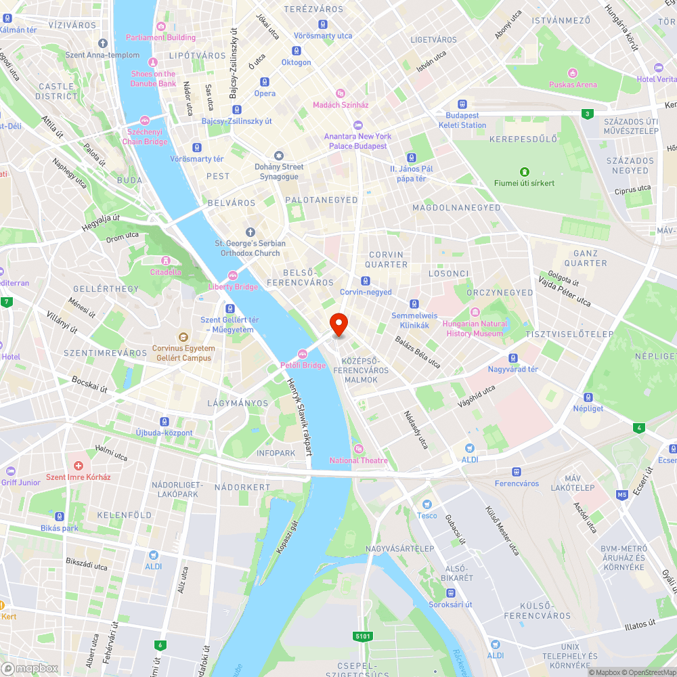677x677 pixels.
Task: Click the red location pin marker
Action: (338, 324)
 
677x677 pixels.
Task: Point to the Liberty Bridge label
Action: (232, 286)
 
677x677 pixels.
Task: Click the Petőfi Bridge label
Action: (303, 365)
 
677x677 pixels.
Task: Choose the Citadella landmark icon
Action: (165, 261)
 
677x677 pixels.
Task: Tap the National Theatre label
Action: (359, 460)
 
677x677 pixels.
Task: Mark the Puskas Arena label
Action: (573, 85)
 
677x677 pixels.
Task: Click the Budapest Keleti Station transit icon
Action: (462, 105)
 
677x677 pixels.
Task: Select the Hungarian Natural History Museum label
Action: (475, 328)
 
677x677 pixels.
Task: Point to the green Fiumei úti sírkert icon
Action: (524, 172)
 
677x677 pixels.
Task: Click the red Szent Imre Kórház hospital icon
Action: (79, 466)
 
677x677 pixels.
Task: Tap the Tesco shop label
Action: (427, 515)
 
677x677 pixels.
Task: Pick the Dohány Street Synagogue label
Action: (279, 171)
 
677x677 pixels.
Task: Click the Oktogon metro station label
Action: (296, 62)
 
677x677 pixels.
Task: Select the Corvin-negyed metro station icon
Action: (366, 281)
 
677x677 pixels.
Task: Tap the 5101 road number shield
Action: (362, 636)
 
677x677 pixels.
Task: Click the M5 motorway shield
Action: (622, 495)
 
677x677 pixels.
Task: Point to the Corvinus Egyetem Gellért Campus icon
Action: (182, 337)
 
